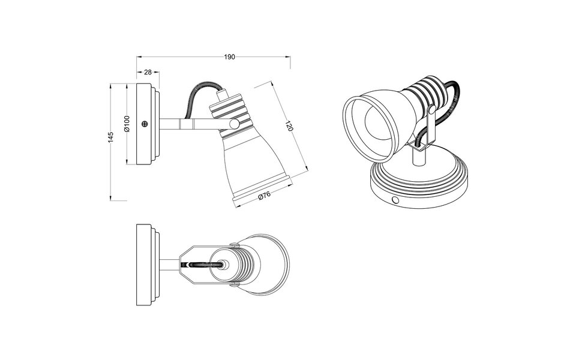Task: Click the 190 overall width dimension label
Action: (x=229, y=57)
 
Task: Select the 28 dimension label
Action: (x=148, y=72)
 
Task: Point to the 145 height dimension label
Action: (x=110, y=137)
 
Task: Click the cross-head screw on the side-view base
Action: (x=145, y=124)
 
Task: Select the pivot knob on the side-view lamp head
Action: (x=233, y=124)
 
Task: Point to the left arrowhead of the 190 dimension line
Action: (x=139, y=57)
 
